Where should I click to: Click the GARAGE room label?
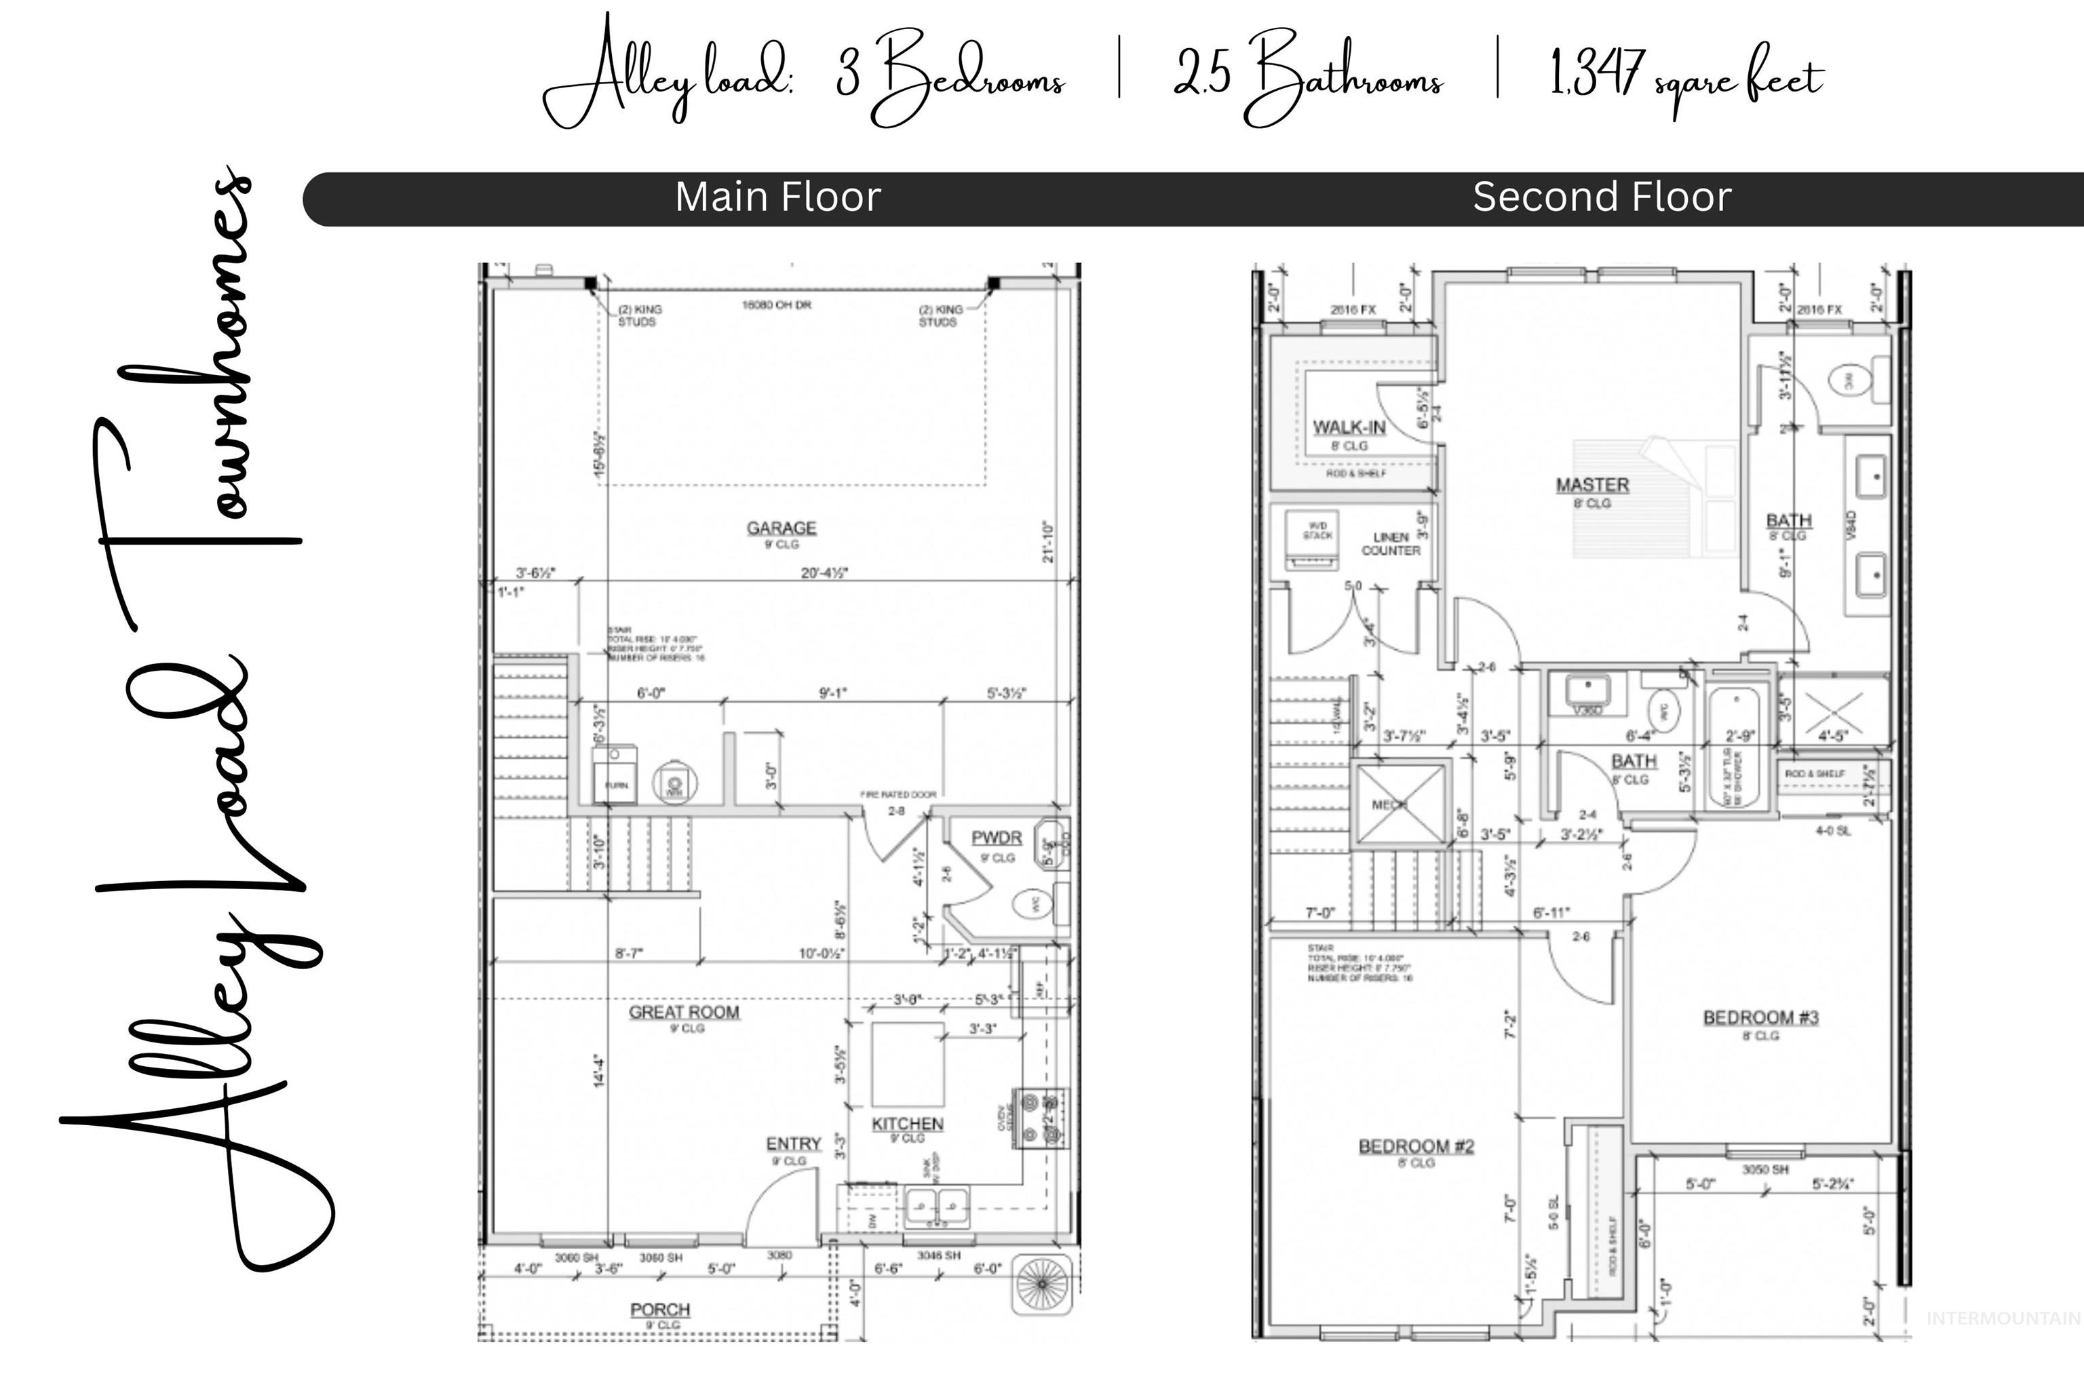click(x=781, y=528)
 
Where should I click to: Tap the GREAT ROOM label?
click(x=683, y=1013)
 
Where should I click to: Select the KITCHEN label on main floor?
click(x=907, y=1124)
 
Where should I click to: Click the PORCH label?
click(x=660, y=1309)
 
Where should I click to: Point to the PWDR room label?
click(x=996, y=838)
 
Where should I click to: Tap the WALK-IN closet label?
click(x=1349, y=428)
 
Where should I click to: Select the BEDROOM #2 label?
click(x=1416, y=1146)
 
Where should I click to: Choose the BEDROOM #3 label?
click(x=1760, y=1018)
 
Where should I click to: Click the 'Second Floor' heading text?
click(x=1601, y=197)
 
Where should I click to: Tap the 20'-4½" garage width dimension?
click(x=824, y=573)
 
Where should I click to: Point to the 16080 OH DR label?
click(x=776, y=305)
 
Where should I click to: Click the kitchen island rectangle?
click(x=907, y=1064)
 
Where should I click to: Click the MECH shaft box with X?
click(x=1400, y=805)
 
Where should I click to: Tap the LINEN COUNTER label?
click(x=1390, y=544)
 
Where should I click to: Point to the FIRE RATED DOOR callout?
click(x=898, y=795)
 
